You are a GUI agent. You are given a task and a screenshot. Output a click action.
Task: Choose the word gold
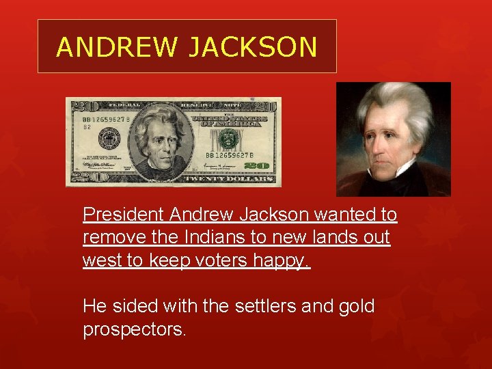356,306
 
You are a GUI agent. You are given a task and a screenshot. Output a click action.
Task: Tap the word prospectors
134,330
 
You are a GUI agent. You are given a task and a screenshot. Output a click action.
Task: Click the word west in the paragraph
100,260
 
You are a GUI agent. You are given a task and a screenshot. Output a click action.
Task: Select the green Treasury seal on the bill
230,139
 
